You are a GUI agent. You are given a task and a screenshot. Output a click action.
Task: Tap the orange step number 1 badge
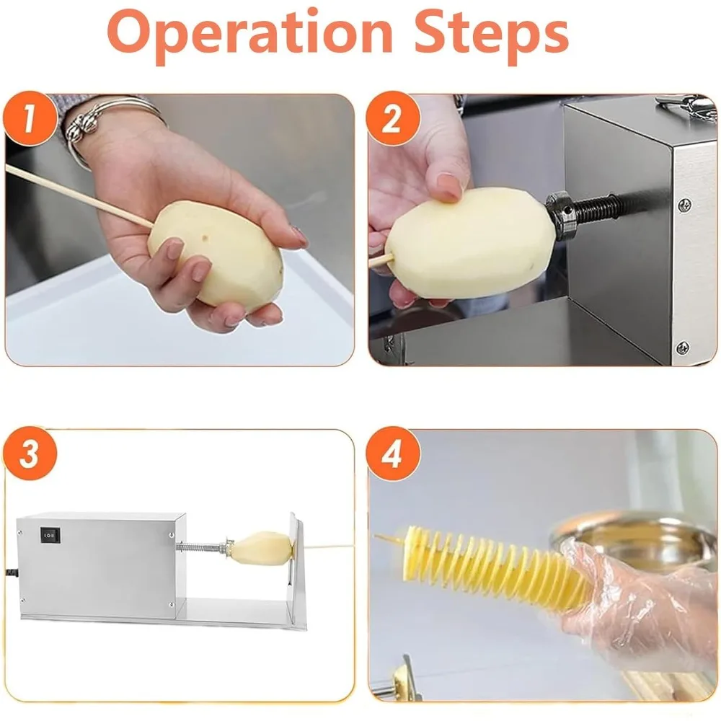tap(30, 119)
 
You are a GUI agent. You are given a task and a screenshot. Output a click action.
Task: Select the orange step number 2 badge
tap(393, 119)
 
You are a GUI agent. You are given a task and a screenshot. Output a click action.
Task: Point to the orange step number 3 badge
tap(30, 454)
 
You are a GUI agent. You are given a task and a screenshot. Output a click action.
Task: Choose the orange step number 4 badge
tap(393, 454)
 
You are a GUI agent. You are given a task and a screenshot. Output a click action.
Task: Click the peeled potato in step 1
tap(216, 257)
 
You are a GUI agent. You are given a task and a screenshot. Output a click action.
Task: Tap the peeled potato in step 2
tap(470, 243)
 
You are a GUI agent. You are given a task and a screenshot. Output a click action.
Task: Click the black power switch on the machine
tap(50, 535)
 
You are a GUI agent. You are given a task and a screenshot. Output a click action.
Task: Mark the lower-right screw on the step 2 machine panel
tap(683, 348)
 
